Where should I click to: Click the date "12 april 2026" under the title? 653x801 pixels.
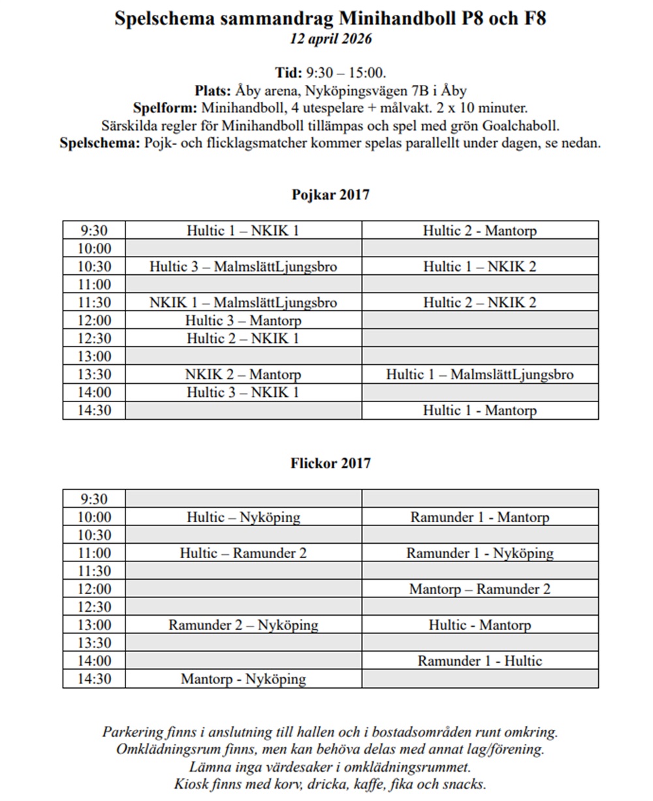(x=330, y=39)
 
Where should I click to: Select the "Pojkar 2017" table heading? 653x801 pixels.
(x=330, y=195)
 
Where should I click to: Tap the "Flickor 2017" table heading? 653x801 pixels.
(x=330, y=463)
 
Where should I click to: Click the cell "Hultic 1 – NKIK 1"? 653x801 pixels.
(x=243, y=230)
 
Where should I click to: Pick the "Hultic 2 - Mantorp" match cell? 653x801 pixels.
(x=479, y=230)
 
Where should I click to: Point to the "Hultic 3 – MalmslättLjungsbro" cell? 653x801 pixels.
(x=243, y=266)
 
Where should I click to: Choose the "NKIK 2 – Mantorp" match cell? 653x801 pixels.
(x=243, y=375)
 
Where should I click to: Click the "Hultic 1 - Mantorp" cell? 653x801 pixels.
(x=479, y=411)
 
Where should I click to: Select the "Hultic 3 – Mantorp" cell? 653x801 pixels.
(x=243, y=321)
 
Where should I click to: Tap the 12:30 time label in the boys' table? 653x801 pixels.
(x=95, y=339)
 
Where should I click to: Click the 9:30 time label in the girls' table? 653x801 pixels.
(x=95, y=499)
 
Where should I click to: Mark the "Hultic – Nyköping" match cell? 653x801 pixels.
(x=243, y=518)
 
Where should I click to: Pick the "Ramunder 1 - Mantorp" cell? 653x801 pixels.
(x=479, y=518)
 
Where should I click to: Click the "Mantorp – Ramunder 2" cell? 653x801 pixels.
(x=479, y=589)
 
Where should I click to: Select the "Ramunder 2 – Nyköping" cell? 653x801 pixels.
(x=243, y=625)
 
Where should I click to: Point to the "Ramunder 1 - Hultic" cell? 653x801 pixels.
(x=479, y=661)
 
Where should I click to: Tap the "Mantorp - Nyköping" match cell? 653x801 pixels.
(x=243, y=679)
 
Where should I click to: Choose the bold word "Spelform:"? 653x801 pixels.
(x=166, y=108)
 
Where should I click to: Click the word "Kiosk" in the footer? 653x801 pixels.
(x=191, y=784)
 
